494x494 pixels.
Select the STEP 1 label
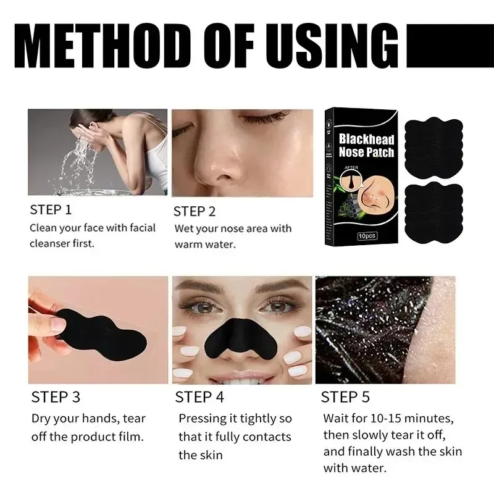pos(51,209)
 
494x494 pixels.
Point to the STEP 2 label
pos(195,211)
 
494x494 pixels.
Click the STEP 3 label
pos(56,396)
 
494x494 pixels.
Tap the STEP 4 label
pos(201,396)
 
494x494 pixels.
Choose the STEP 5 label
pos(346,396)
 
